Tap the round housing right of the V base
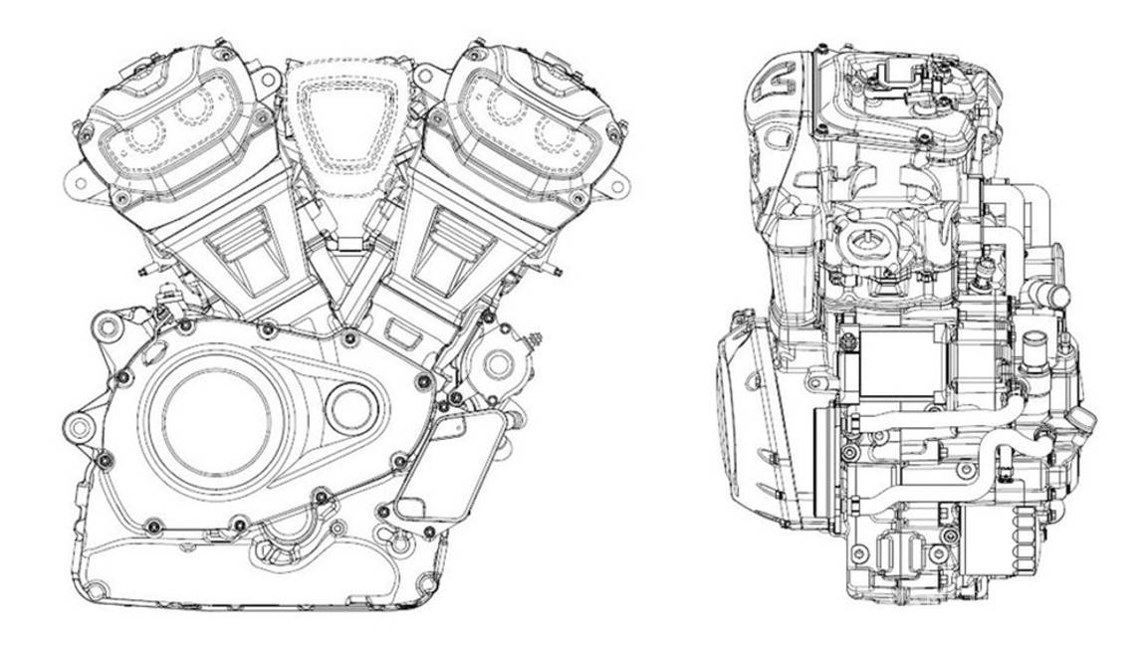coord(494,364)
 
